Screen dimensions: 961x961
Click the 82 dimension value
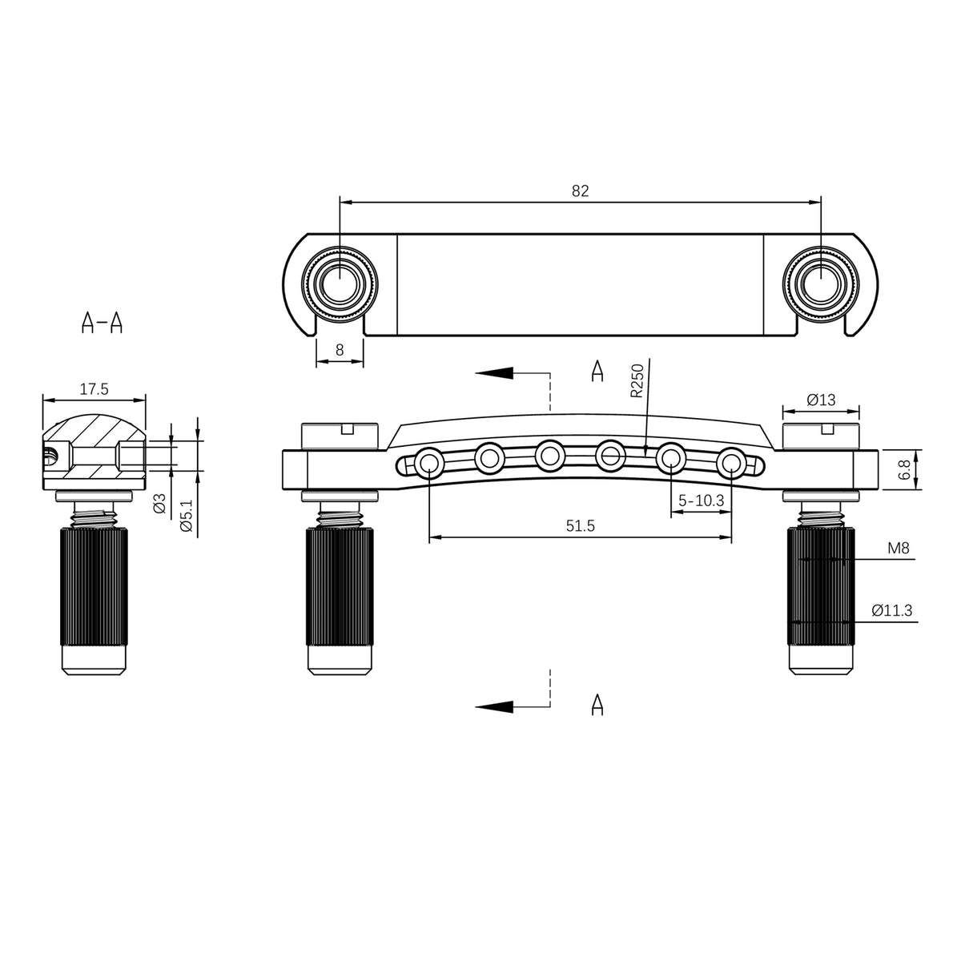(x=580, y=191)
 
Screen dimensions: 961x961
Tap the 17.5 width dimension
(x=94, y=389)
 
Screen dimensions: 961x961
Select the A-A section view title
(x=102, y=323)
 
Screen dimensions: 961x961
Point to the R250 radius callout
(x=637, y=381)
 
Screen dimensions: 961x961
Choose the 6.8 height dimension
(x=904, y=470)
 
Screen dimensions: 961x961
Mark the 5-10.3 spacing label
(x=702, y=501)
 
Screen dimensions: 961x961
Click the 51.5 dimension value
(x=581, y=525)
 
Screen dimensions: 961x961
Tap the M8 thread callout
(x=899, y=548)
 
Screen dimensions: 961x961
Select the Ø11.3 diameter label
(x=892, y=610)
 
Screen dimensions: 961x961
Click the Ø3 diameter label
(x=159, y=503)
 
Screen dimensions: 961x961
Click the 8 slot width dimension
(x=340, y=350)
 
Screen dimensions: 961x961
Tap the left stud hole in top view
(x=340, y=284)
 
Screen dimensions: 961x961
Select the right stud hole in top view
(x=821, y=284)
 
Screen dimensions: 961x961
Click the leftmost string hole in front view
(x=429, y=463)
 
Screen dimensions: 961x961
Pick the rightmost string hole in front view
(x=732, y=463)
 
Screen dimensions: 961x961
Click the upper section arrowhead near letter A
(x=494, y=372)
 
